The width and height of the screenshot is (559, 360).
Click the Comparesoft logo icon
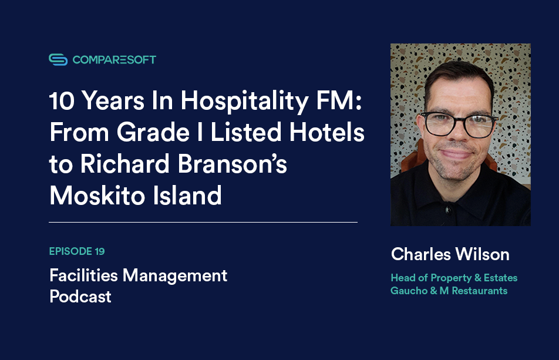click(x=58, y=59)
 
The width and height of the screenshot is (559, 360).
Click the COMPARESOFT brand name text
click(x=115, y=59)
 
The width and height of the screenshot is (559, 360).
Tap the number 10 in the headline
click(x=63, y=102)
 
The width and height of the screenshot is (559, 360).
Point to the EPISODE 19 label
click(x=77, y=252)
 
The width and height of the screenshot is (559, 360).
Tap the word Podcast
click(x=80, y=297)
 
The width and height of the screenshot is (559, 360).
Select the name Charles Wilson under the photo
click(x=450, y=254)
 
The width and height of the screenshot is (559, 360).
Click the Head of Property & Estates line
click(x=454, y=277)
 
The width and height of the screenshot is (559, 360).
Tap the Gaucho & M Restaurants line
click(x=449, y=291)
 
